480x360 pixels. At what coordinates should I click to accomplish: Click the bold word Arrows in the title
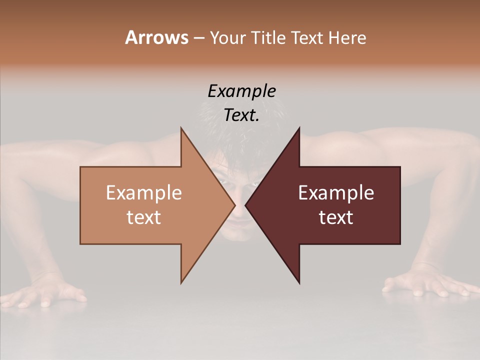[x=156, y=37]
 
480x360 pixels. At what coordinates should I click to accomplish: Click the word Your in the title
[x=227, y=37]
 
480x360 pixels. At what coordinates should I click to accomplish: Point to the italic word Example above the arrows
[x=242, y=91]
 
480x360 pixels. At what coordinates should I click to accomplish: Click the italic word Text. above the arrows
[x=242, y=115]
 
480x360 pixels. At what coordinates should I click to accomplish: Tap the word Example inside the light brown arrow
[x=144, y=193]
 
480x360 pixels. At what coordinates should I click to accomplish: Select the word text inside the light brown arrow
[x=144, y=217]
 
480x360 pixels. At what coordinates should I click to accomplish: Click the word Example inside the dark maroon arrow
[x=336, y=193]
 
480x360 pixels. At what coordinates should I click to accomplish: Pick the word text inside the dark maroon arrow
[x=336, y=217]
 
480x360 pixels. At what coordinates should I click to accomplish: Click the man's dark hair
[x=240, y=135]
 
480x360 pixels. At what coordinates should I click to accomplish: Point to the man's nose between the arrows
[x=240, y=210]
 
